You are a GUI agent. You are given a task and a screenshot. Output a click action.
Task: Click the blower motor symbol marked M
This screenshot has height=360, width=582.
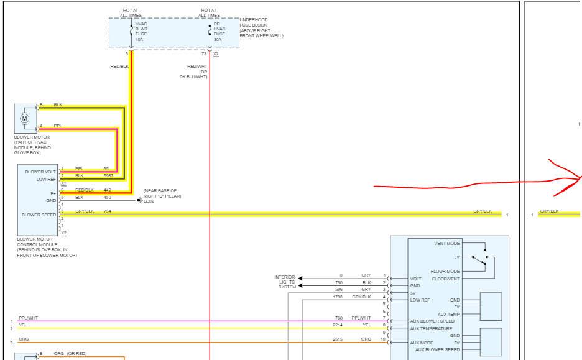(25, 118)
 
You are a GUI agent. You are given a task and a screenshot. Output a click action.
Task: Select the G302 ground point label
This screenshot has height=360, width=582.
(149, 201)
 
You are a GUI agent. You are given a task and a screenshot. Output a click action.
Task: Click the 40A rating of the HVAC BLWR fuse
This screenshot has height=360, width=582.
(139, 39)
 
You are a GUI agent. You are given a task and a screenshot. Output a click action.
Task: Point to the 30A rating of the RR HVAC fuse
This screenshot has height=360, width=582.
(218, 39)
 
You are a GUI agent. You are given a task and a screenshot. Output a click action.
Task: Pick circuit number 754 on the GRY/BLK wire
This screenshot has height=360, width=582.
(108, 211)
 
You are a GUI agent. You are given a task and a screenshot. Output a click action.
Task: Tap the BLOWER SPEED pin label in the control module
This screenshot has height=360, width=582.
(39, 215)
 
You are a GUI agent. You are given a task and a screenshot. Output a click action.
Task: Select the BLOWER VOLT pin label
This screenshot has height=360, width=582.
(40, 172)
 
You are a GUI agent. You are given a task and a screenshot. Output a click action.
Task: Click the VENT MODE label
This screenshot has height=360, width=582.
(447, 244)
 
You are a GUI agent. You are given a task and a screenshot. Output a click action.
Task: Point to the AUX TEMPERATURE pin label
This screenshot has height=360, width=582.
(432, 328)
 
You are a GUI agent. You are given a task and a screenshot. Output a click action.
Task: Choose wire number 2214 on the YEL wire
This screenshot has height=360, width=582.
(338, 325)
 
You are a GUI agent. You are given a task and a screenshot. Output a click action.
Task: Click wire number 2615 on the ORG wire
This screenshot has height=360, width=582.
(338, 339)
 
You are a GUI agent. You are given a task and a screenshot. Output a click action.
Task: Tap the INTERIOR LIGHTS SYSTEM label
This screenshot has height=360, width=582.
(285, 282)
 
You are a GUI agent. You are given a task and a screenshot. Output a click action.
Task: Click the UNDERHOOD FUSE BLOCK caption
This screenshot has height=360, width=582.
(261, 27)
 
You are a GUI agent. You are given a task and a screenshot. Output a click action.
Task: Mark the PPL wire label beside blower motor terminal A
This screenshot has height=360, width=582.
(58, 126)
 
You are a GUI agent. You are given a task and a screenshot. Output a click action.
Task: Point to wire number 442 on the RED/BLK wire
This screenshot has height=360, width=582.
(108, 190)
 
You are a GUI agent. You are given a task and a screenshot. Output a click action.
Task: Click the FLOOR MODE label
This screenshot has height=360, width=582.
(445, 272)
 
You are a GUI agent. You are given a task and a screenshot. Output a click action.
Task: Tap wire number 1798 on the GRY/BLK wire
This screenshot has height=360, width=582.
(338, 297)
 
